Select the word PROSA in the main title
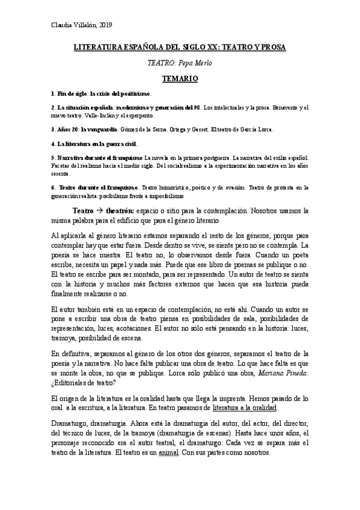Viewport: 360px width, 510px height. click(271, 46)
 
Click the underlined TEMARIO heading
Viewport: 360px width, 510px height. click(179, 78)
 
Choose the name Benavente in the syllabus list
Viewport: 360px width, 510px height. click(269, 108)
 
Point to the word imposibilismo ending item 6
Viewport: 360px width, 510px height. click(174, 196)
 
